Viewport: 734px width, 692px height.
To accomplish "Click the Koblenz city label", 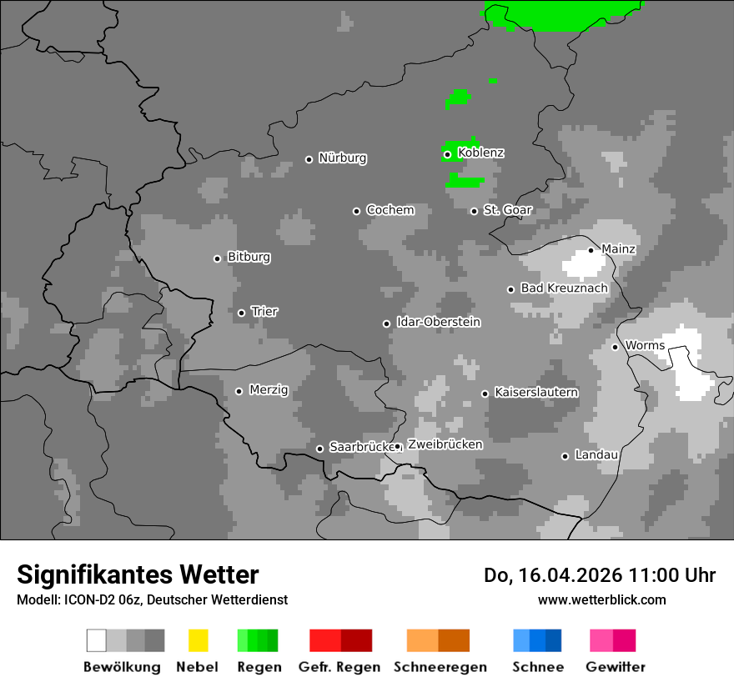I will tap(480, 153).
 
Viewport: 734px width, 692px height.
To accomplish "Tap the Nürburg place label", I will tap(342, 158).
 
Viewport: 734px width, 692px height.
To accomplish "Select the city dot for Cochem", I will tap(356, 211).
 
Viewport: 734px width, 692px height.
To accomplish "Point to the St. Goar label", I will tap(507, 210).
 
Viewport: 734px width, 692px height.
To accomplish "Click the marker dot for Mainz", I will tap(591, 250).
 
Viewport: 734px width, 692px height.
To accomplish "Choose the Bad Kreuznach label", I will tap(564, 288).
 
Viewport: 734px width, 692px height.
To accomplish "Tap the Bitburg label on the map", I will tap(249, 258).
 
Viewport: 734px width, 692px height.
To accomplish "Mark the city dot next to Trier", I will tap(241, 313).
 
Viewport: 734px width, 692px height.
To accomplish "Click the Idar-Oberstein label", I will tap(438, 323).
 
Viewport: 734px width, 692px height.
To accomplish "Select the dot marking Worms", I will tap(615, 347).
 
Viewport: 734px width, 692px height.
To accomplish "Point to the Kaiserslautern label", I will tap(535, 392).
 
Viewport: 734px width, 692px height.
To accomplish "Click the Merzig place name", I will tap(268, 390).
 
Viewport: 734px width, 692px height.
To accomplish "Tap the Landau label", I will tap(596, 455).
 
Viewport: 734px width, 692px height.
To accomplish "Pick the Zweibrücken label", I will tap(445, 444).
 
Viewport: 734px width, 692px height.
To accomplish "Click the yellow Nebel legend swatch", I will tap(198, 640).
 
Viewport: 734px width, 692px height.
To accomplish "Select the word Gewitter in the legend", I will tap(616, 667).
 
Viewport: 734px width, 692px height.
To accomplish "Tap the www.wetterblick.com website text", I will tap(601, 599).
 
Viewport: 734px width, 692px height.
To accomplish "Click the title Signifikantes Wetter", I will tap(138, 574).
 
